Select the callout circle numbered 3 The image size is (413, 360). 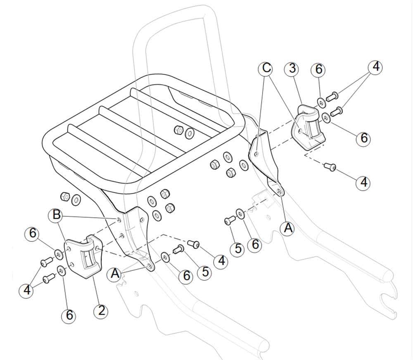[292, 69]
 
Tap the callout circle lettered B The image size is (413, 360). [56, 215]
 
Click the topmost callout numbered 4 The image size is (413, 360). [375, 67]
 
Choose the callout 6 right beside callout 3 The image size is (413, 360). [318, 69]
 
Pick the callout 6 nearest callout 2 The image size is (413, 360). [69, 316]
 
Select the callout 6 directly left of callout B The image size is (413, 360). [32, 234]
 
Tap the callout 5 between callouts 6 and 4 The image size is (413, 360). [203, 272]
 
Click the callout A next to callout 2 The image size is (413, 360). [115, 273]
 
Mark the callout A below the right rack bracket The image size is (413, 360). [287, 227]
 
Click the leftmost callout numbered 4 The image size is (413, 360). [27, 290]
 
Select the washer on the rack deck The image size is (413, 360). [190, 133]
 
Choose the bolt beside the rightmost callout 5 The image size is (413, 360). [228, 221]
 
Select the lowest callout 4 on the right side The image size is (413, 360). [363, 182]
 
